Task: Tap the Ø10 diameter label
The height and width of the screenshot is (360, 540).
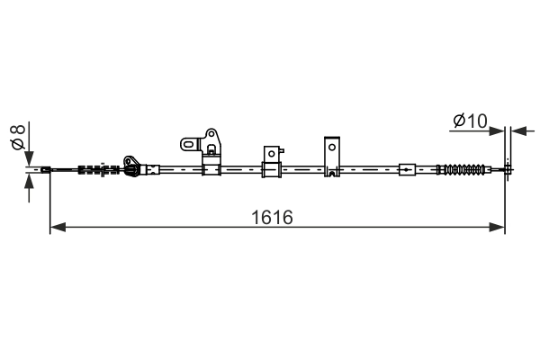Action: tap(469, 120)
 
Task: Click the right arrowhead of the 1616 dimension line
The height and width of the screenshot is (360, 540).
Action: tap(497, 228)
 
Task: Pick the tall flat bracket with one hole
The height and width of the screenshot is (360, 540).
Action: tap(332, 157)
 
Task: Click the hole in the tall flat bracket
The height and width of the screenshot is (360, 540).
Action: tap(332, 146)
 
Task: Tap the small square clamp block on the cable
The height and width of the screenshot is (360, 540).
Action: tap(270, 167)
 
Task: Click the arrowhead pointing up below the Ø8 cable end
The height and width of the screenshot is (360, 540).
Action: tap(30, 179)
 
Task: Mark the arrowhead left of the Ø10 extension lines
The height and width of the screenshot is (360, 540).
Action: tap(498, 130)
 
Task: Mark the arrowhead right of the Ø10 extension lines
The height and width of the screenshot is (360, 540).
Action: tap(516, 130)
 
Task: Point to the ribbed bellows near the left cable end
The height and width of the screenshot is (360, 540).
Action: tap(94, 168)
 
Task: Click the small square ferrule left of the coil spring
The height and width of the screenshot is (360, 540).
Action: tap(407, 168)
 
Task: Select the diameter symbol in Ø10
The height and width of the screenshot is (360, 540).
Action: tap(457, 120)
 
